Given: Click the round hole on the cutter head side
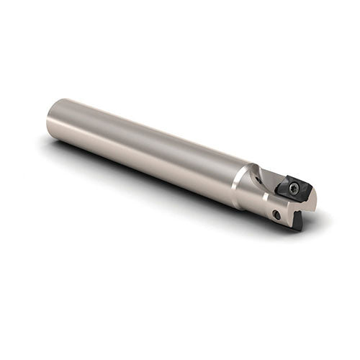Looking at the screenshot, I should (276, 215).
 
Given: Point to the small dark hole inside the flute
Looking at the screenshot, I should (259, 181).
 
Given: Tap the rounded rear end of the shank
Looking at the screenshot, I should (52, 119).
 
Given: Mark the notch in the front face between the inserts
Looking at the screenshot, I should (294, 210).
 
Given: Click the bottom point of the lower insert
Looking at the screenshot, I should (300, 230).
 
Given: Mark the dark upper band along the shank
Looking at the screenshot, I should (144, 122).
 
